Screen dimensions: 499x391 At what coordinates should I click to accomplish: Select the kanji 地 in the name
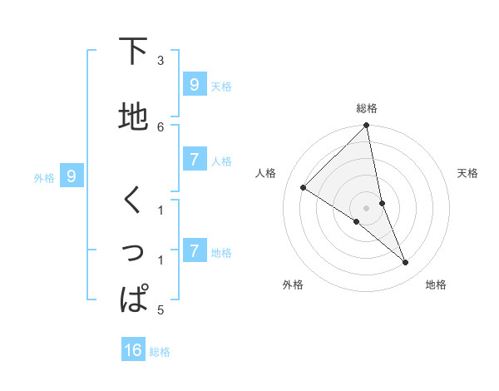133,116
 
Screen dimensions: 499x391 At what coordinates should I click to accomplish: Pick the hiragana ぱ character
133,299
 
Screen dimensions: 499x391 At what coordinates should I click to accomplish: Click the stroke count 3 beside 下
161,60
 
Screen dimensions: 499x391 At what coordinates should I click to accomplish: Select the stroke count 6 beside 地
161,126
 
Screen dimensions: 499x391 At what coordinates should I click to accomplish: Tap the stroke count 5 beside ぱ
161,310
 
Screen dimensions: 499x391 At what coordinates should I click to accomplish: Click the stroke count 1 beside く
161,210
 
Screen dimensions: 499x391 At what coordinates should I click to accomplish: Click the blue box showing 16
133,350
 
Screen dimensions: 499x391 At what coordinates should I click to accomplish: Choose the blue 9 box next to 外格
72,176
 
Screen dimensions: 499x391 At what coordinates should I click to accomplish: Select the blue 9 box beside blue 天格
194,85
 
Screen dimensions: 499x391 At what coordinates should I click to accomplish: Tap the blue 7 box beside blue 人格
194,160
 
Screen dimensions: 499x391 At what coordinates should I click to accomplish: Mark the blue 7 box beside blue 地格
194,250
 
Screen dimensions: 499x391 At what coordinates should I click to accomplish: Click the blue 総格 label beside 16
160,352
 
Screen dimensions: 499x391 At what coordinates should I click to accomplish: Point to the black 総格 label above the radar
366,108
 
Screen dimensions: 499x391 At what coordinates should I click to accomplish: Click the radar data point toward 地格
406,263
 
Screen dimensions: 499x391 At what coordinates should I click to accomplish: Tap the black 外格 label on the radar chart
293,285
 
